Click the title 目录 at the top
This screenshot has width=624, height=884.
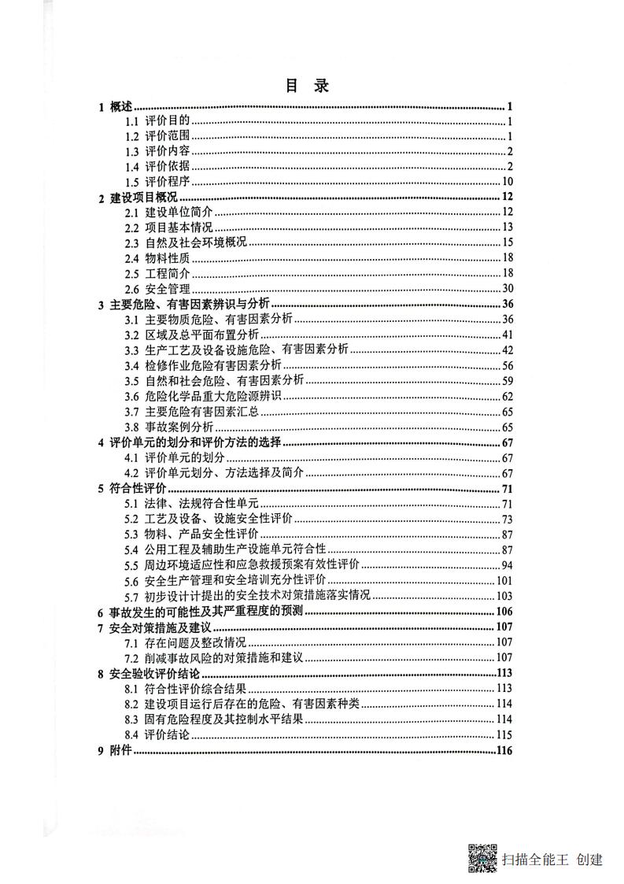click(x=307, y=86)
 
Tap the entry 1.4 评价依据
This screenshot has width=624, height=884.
click(x=157, y=166)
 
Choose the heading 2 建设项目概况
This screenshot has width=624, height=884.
click(x=138, y=198)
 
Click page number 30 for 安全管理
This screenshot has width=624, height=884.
click(x=507, y=288)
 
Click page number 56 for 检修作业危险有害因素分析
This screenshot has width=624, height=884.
click(x=507, y=365)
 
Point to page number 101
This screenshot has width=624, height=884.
click(x=504, y=580)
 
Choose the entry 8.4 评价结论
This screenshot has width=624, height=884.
click(x=157, y=734)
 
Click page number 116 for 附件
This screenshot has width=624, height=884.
click(x=504, y=750)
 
